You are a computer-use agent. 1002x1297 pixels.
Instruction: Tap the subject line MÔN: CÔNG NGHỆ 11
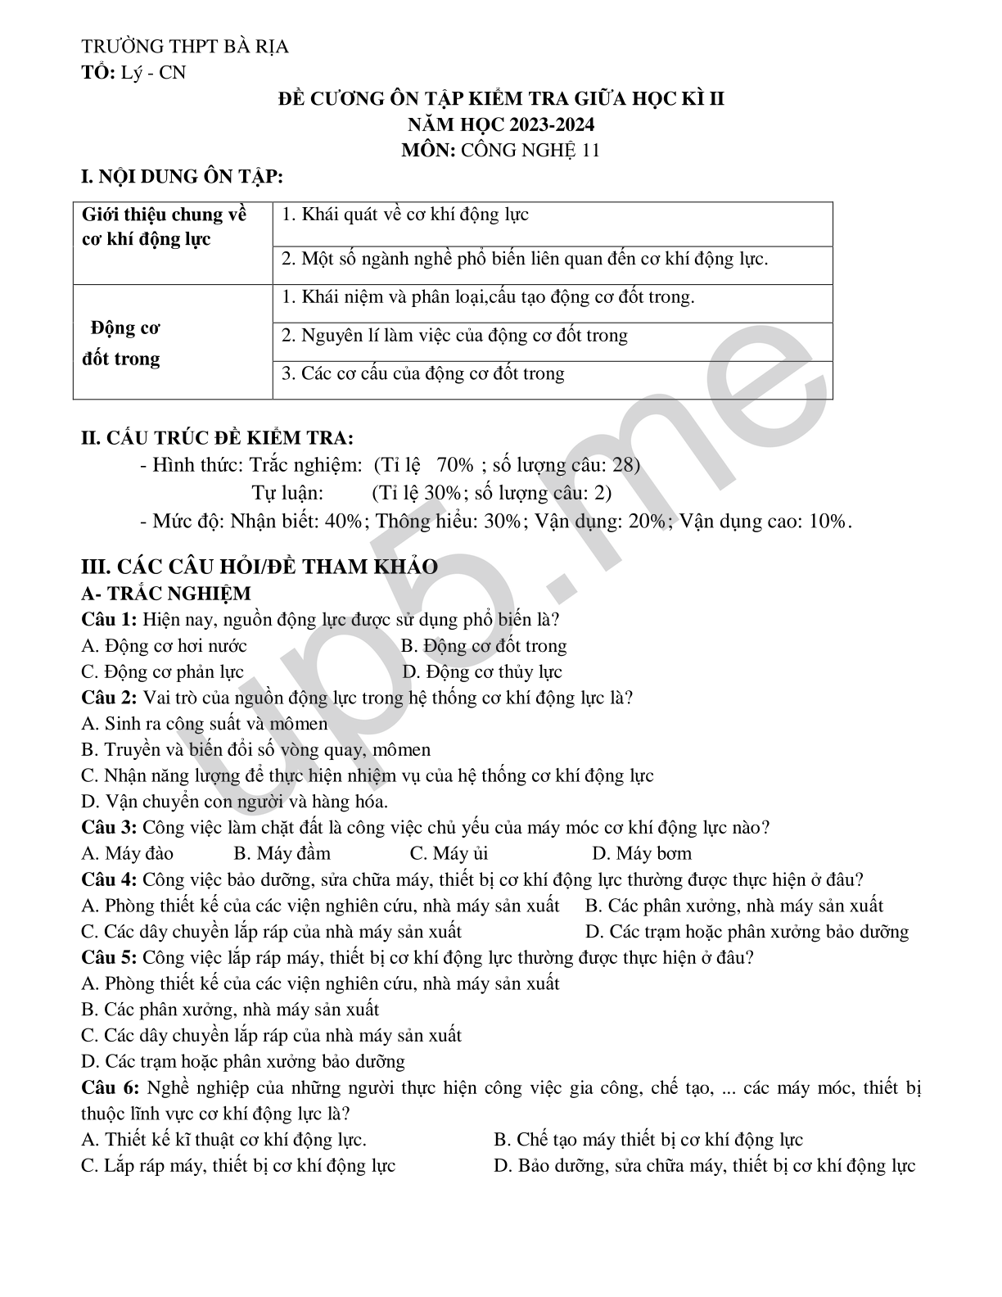[x=501, y=150]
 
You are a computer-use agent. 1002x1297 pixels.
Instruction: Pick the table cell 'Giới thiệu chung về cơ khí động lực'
[x=164, y=227]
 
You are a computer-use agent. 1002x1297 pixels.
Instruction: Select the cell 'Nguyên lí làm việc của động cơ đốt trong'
[x=454, y=336]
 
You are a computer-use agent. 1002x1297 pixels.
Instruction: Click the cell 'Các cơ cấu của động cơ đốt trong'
[x=422, y=374]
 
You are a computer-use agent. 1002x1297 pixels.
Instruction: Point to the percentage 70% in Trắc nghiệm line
[x=455, y=465]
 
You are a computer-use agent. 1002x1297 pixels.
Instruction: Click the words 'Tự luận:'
[x=287, y=493]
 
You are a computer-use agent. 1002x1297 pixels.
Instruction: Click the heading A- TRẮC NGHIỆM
[x=166, y=593]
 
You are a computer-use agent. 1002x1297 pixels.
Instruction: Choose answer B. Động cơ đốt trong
[x=484, y=646]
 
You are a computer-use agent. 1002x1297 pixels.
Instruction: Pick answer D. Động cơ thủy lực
[x=482, y=672]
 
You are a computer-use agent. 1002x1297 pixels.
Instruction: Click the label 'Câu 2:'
[x=109, y=698]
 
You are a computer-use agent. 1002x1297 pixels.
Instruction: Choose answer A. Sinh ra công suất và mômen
[x=205, y=724]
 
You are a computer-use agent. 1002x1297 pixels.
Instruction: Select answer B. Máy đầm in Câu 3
[x=282, y=853]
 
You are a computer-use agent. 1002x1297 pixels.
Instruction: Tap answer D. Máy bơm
[x=641, y=853]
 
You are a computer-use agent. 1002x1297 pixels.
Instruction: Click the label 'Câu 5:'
[x=109, y=957]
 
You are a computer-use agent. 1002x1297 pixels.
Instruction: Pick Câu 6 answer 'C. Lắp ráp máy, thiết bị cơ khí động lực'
[x=238, y=1165]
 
